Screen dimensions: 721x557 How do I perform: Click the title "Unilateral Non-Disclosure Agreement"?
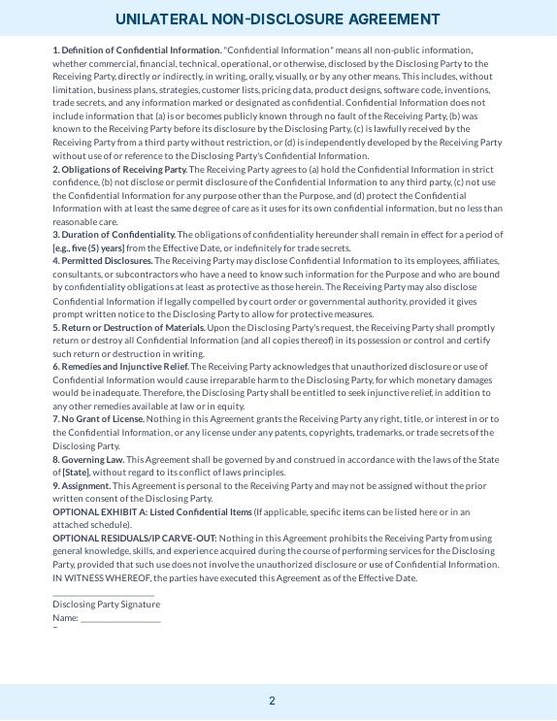pyautogui.click(x=278, y=19)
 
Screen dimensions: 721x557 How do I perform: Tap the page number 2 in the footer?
pyautogui.click(x=272, y=701)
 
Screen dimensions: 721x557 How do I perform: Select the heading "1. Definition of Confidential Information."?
pyautogui.click(x=137, y=49)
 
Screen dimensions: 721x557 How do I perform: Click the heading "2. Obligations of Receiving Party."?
pyautogui.click(x=120, y=169)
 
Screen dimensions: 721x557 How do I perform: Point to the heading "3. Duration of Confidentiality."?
pyautogui.click(x=115, y=235)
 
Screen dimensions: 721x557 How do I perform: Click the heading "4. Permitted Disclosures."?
pyautogui.click(x=103, y=261)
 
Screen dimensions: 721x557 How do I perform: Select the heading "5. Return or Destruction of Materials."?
pyautogui.click(x=129, y=327)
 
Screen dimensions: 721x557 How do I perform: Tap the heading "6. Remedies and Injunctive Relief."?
pyautogui.click(x=121, y=367)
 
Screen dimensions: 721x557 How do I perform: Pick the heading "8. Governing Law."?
pyautogui.click(x=88, y=459)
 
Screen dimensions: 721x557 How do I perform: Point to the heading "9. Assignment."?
pyautogui.click(x=82, y=485)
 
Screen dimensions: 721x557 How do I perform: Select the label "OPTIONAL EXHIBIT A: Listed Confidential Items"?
pyautogui.click(x=151, y=511)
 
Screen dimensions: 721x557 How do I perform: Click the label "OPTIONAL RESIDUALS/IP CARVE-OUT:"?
pyautogui.click(x=135, y=538)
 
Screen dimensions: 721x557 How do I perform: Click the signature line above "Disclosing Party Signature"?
pyautogui.click(x=103, y=594)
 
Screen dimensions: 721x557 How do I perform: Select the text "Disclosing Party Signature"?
pyautogui.click(x=106, y=605)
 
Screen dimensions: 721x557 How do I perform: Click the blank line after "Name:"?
pyautogui.click(x=120, y=619)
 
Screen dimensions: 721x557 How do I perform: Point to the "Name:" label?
pyautogui.click(x=65, y=617)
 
